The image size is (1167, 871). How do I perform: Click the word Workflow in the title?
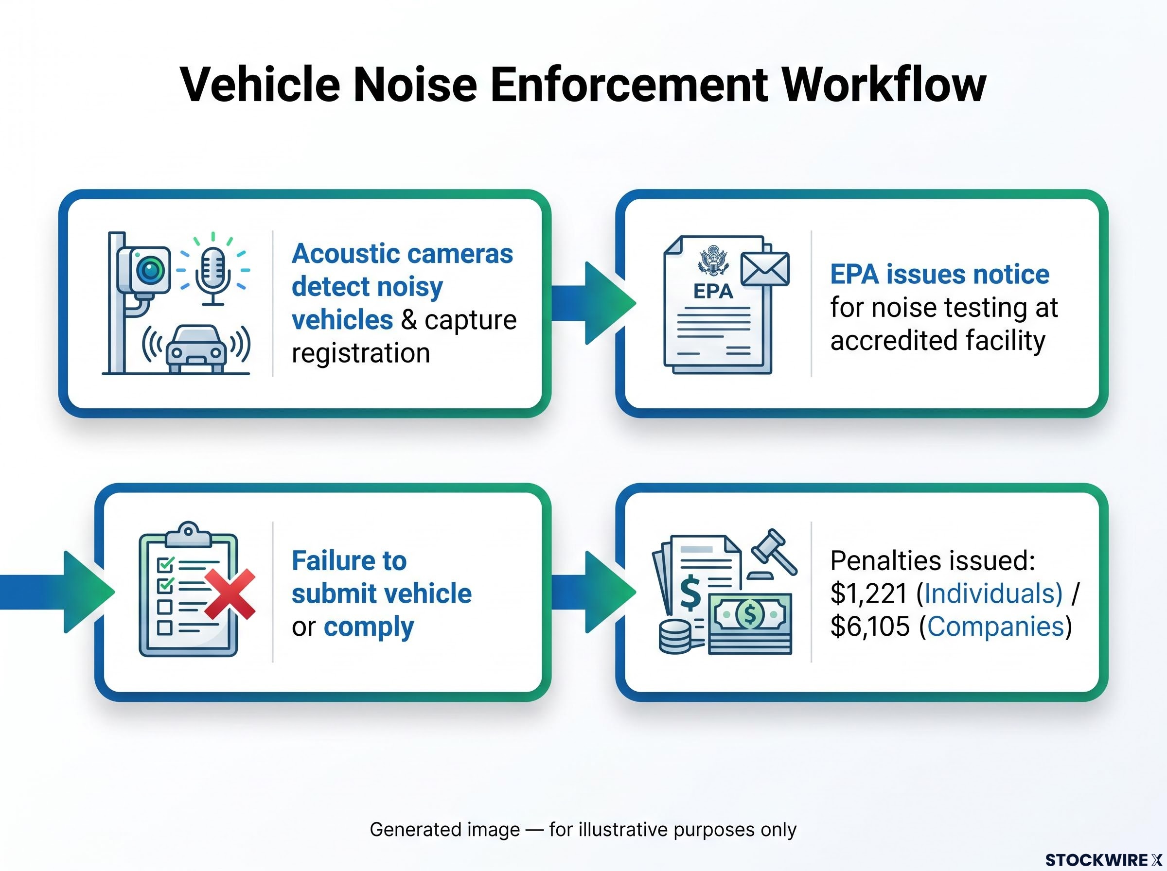pos(884,85)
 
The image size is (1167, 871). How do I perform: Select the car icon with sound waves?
pos(196,348)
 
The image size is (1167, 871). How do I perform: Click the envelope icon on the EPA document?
pos(765,269)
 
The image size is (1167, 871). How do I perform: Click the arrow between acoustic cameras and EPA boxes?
pos(594,303)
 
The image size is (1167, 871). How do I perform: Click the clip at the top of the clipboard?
pos(188,534)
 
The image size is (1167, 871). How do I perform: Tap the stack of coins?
pos(675,637)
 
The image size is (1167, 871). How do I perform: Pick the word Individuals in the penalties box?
pos(993,593)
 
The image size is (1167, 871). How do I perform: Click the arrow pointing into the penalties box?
pos(594,592)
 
